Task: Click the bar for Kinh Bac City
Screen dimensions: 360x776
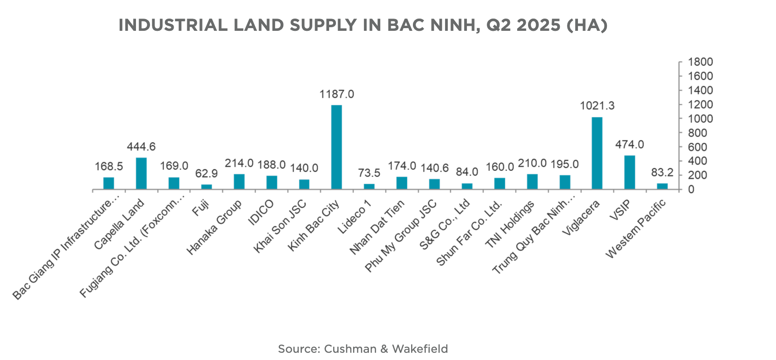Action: pyautogui.click(x=336, y=147)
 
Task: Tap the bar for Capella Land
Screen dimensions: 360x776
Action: pyautogui.click(x=141, y=173)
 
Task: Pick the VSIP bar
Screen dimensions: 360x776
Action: pyautogui.click(x=630, y=172)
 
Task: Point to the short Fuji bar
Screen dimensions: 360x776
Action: pyautogui.click(x=206, y=186)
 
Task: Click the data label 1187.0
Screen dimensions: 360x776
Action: pyautogui.click(x=336, y=94)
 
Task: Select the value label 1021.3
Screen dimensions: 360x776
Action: pyautogui.click(x=597, y=106)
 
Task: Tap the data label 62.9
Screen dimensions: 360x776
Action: pyautogui.click(x=206, y=174)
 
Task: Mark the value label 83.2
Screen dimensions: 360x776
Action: pyautogui.click(x=662, y=173)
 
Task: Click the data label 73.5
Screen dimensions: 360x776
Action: pyautogui.click(x=369, y=173)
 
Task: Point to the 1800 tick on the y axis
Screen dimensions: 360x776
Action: pyautogui.click(x=700, y=62)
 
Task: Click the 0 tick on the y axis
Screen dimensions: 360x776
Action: pyautogui.click(x=691, y=190)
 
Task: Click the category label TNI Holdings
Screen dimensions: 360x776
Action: pyautogui.click(x=510, y=225)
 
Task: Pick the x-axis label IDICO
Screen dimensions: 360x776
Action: pyautogui.click(x=261, y=212)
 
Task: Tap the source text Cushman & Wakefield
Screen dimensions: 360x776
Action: pyautogui.click(x=386, y=349)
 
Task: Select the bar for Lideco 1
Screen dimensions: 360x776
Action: pyautogui.click(x=369, y=186)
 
